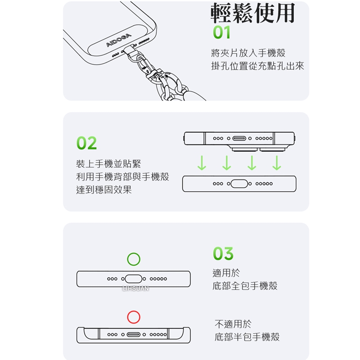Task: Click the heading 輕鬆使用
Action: pyautogui.click(x=253, y=14)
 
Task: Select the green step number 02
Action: pyautogui.click(x=86, y=143)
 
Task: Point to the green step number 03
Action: pyautogui.click(x=223, y=254)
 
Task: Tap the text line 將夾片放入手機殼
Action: pyautogui.click(x=248, y=53)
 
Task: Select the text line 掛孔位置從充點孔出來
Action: pyautogui.click(x=257, y=66)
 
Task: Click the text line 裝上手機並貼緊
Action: pyautogui.click(x=108, y=164)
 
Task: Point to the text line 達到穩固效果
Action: pyautogui.click(x=104, y=189)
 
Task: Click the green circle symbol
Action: pyautogui.click(x=134, y=259)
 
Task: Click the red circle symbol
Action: pyautogui.click(x=134, y=317)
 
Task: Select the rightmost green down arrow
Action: pyautogui.click(x=277, y=163)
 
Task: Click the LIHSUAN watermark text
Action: pyautogui.click(x=135, y=288)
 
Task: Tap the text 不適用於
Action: pyautogui.click(x=233, y=324)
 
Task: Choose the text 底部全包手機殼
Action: pyautogui.click(x=245, y=286)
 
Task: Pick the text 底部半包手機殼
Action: pyautogui.click(x=247, y=337)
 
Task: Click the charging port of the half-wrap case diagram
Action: pyautogui.click(x=134, y=335)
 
